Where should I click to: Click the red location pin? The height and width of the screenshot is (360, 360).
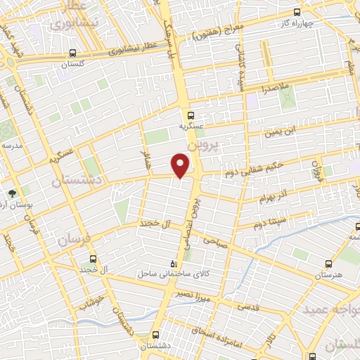(x=181, y=165)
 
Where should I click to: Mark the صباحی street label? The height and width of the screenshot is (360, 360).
(x=215, y=240)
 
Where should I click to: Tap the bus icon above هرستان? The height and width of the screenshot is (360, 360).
(x=329, y=264)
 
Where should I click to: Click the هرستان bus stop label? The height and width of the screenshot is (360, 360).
(x=328, y=275)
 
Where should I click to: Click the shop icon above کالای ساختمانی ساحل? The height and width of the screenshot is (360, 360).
(x=164, y=262)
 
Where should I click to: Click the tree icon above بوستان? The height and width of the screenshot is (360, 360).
(x=12, y=192)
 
